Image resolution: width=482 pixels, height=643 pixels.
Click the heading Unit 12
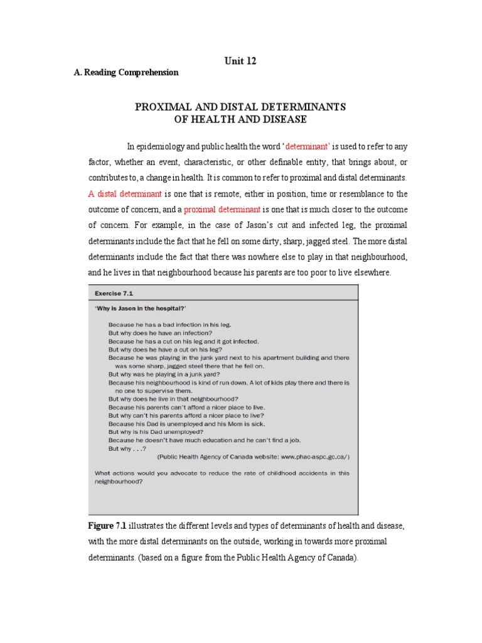(240, 61)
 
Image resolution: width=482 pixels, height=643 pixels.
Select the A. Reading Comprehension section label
(126, 72)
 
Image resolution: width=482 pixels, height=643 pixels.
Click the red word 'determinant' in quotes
(308, 147)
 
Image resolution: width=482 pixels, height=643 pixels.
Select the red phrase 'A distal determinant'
(125, 193)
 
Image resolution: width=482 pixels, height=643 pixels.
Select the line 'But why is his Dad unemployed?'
(156, 431)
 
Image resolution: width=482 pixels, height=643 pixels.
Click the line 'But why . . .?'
(127, 448)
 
